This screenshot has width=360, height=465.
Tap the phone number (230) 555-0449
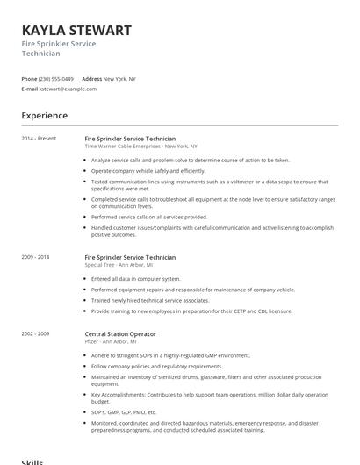[57, 79]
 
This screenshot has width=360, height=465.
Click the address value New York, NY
[119, 79]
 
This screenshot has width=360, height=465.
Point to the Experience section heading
[44, 116]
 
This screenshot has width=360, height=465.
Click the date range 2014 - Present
[39, 139]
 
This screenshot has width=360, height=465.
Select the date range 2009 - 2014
[36, 257]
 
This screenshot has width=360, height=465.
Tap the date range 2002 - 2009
[36, 334]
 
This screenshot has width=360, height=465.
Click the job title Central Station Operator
[120, 334]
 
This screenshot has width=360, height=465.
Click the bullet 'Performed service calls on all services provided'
[149, 217]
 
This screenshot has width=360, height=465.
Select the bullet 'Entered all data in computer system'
[136, 279]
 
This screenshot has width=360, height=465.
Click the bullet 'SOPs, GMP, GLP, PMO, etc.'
[124, 411]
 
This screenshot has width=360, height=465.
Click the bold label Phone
[29, 79]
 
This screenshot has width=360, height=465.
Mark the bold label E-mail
[29, 89]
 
